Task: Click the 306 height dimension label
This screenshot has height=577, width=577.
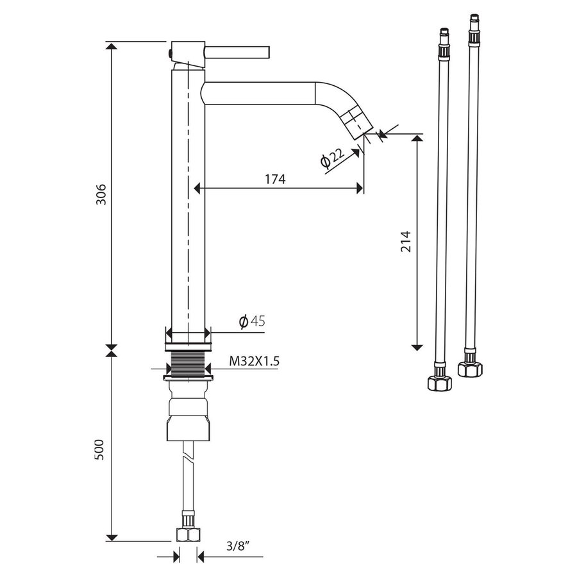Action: (x=101, y=194)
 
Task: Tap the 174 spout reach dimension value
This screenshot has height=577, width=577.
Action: (x=275, y=180)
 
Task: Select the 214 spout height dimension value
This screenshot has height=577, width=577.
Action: (x=406, y=241)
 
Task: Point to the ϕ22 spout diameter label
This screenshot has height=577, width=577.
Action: (x=332, y=158)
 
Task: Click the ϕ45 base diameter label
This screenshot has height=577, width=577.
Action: (x=252, y=321)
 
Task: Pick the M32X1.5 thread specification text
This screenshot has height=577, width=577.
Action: (x=255, y=361)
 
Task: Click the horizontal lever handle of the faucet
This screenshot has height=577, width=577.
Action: (x=237, y=53)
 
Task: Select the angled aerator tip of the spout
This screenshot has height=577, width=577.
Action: (x=356, y=122)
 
